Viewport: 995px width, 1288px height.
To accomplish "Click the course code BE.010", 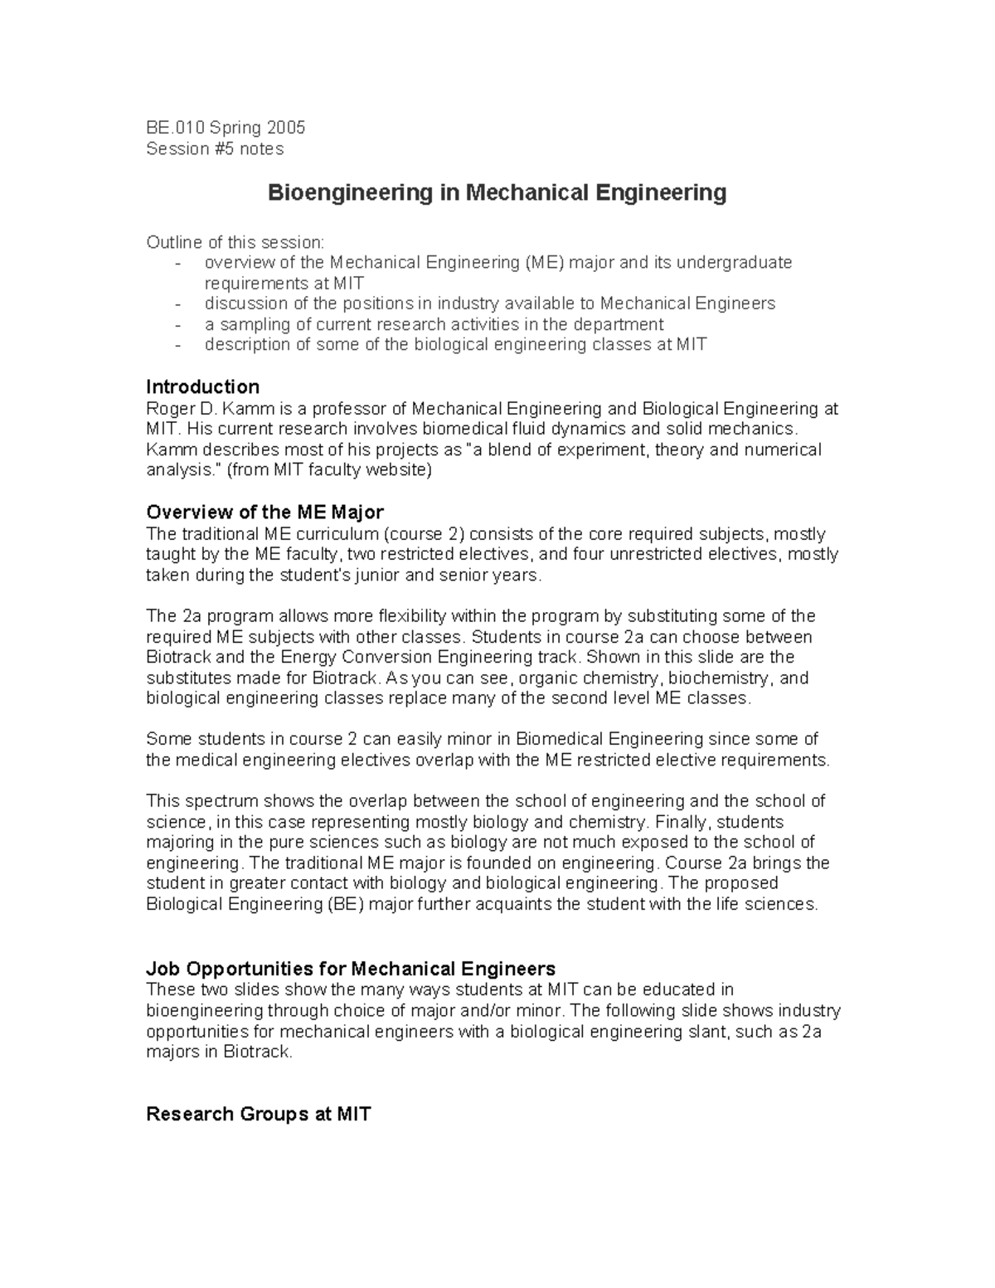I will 175,128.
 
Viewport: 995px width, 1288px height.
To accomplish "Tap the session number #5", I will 223,149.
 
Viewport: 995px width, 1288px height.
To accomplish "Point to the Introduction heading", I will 202,387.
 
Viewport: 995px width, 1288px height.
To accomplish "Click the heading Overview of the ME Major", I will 265,512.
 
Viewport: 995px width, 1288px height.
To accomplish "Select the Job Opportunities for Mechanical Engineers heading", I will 350,969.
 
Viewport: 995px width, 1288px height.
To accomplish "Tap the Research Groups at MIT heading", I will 258,1114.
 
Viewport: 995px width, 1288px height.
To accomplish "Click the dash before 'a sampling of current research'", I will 178,325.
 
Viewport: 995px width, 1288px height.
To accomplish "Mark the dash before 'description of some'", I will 178,345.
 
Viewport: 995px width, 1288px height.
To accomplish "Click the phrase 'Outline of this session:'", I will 236,242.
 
